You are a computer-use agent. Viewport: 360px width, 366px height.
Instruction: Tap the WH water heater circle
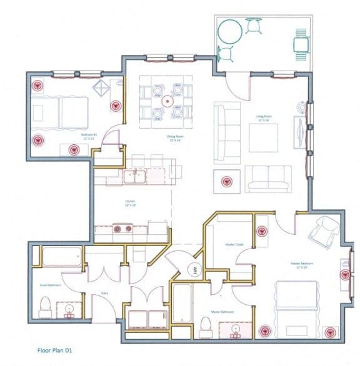pyautogui.click(x=194, y=270)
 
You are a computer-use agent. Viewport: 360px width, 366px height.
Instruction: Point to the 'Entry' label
pyautogui.click(x=104, y=293)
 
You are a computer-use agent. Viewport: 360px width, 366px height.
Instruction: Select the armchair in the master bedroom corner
pyautogui.click(x=325, y=231)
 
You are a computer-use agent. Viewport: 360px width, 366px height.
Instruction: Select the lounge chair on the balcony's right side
pyautogui.click(x=301, y=44)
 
